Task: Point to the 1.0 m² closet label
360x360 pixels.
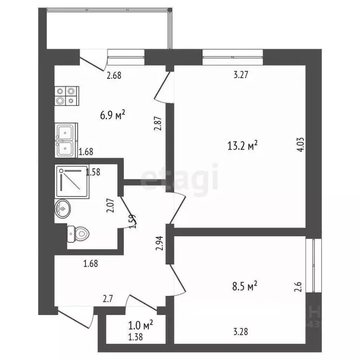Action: tap(142, 324)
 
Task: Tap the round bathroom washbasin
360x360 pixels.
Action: tap(63, 210)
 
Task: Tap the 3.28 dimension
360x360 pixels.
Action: tap(240, 332)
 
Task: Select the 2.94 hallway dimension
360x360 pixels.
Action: tap(160, 243)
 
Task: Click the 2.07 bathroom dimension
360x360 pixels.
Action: tap(111, 205)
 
